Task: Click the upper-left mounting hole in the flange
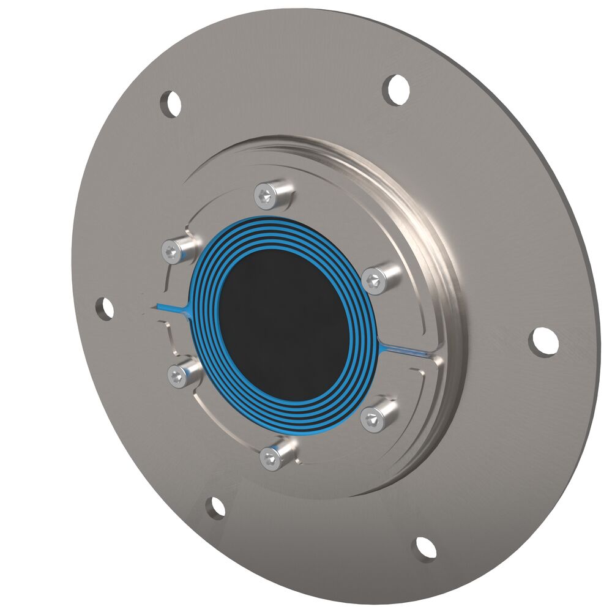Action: coord(171,103)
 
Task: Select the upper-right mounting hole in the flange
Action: coord(396,89)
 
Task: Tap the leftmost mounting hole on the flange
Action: coord(105,308)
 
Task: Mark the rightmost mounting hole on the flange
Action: coord(543,341)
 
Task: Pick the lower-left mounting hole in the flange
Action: coord(215,507)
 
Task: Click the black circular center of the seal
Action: coord(283,324)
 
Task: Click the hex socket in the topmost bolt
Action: coord(265,195)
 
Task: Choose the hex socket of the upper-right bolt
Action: coord(372,281)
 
